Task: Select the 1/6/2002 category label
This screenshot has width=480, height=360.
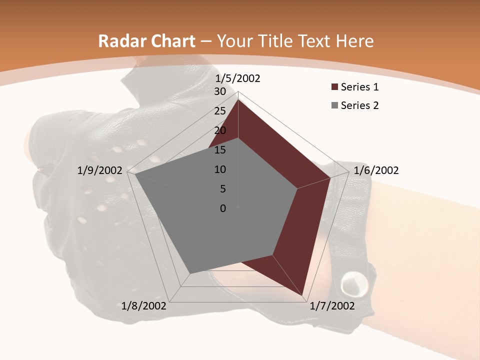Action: point(376,170)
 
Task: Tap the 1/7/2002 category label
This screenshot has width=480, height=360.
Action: point(332,306)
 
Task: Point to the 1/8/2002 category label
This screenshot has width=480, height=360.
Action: point(144,306)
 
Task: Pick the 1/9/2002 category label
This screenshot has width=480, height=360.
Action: point(100,170)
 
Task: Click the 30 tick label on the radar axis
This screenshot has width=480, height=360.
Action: point(220,91)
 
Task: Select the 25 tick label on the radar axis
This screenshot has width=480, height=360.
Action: point(220,111)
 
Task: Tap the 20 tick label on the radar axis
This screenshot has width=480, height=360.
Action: point(220,130)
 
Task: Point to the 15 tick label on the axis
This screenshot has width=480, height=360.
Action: point(220,150)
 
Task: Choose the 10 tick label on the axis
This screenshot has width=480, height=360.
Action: point(220,169)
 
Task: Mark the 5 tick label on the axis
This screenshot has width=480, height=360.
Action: point(223,189)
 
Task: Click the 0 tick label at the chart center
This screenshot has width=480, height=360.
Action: point(223,208)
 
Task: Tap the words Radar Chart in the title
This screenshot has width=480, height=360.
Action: point(146,41)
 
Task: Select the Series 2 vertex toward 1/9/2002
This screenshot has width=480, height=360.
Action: point(135,174)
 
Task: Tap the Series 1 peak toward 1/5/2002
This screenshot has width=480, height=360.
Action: point(238,100)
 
